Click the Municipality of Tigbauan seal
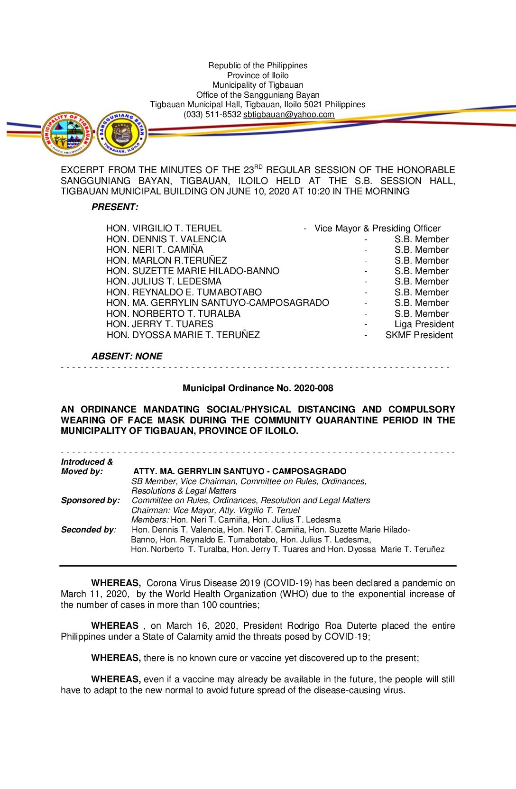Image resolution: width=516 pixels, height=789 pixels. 67,134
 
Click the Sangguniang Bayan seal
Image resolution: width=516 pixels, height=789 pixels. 122,134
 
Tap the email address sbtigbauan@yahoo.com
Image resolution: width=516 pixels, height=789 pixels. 289,114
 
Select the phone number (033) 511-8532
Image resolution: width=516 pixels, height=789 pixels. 212,114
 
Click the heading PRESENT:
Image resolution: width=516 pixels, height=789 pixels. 115,207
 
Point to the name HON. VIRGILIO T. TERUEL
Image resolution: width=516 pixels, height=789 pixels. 164,228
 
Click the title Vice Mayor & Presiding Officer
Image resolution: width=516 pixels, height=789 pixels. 378,228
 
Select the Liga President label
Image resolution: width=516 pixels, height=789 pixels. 424,324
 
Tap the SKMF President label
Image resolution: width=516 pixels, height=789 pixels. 419,335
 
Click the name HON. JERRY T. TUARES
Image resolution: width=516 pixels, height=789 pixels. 160,324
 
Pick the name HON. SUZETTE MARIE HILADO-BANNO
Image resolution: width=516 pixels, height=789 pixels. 193,271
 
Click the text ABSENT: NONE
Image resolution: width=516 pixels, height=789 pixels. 127,356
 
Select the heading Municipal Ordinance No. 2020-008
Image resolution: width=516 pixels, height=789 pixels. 258,388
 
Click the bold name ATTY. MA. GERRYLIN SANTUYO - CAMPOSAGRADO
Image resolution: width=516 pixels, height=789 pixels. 240,471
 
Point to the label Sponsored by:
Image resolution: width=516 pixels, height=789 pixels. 91,500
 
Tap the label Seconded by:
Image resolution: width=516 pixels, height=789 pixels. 89,530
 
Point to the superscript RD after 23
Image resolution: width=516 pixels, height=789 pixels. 258,166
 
